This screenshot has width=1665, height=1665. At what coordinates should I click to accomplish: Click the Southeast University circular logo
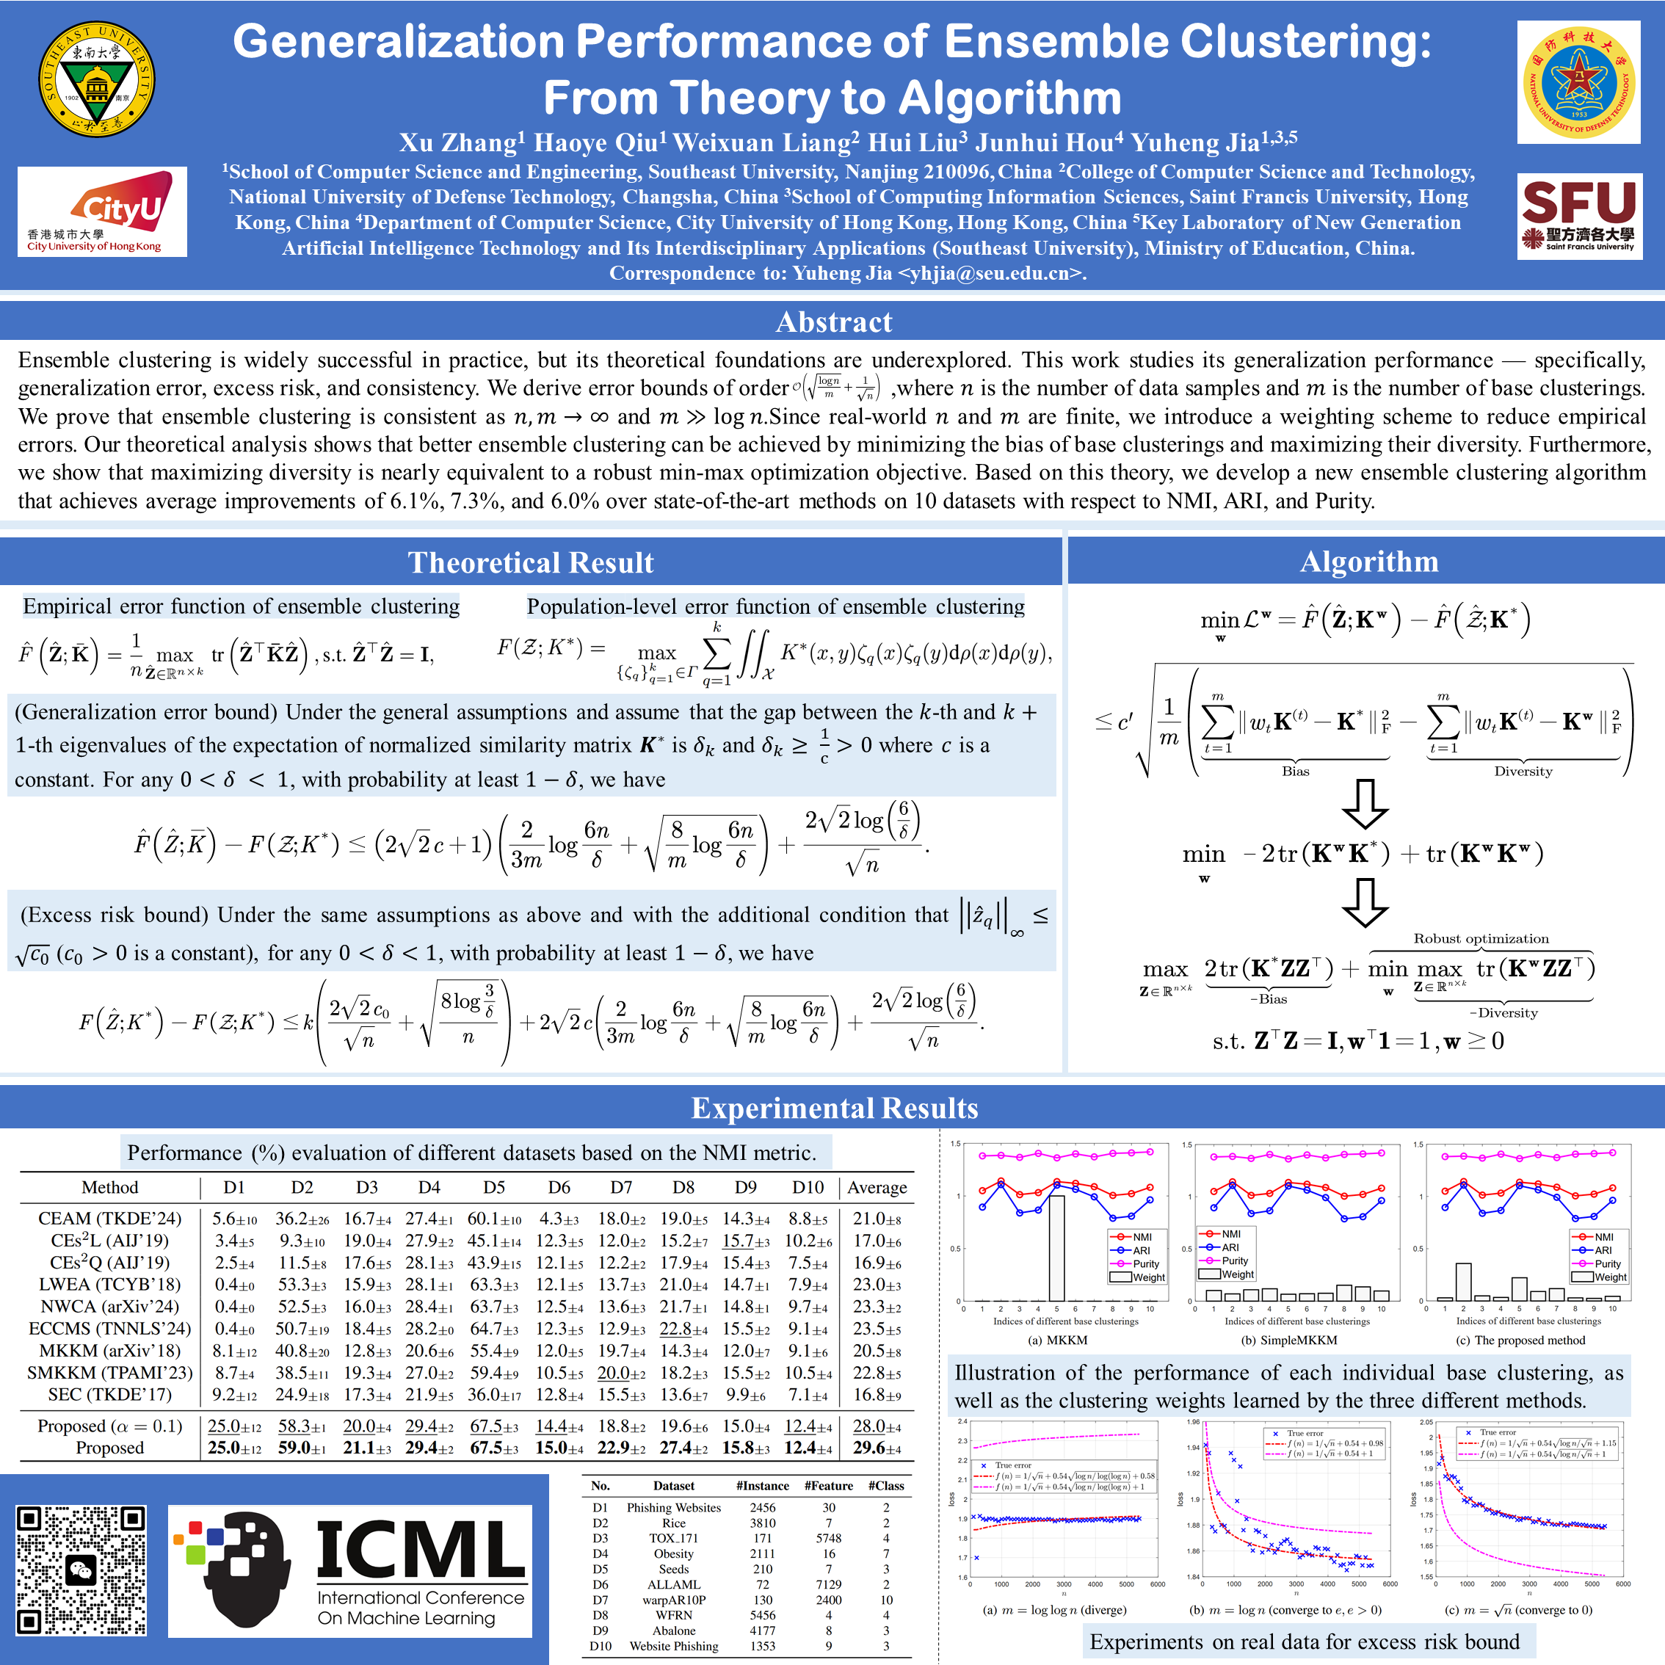pos(96,79)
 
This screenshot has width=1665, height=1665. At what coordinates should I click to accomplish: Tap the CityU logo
pos(102,211)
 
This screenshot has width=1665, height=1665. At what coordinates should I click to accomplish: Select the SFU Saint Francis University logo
pos(1579,215)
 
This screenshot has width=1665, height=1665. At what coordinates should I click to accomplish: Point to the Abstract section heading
pos(832,322)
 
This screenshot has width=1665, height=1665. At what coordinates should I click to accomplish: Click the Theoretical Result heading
pos(531,562)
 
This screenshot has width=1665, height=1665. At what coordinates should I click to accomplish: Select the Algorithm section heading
pos(1368,561)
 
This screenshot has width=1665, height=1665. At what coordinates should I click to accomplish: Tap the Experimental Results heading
pos(832,1107)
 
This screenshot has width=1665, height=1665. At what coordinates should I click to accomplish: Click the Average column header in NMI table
pos(877,1188)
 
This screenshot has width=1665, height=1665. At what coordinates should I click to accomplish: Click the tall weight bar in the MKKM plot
pos(1056,1247)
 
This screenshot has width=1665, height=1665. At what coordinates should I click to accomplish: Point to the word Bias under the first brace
pos(1294,772)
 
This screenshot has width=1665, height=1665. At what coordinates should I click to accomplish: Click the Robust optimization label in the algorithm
pos(1481,938)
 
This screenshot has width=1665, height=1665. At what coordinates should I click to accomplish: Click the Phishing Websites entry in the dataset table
pos(673,1507)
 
